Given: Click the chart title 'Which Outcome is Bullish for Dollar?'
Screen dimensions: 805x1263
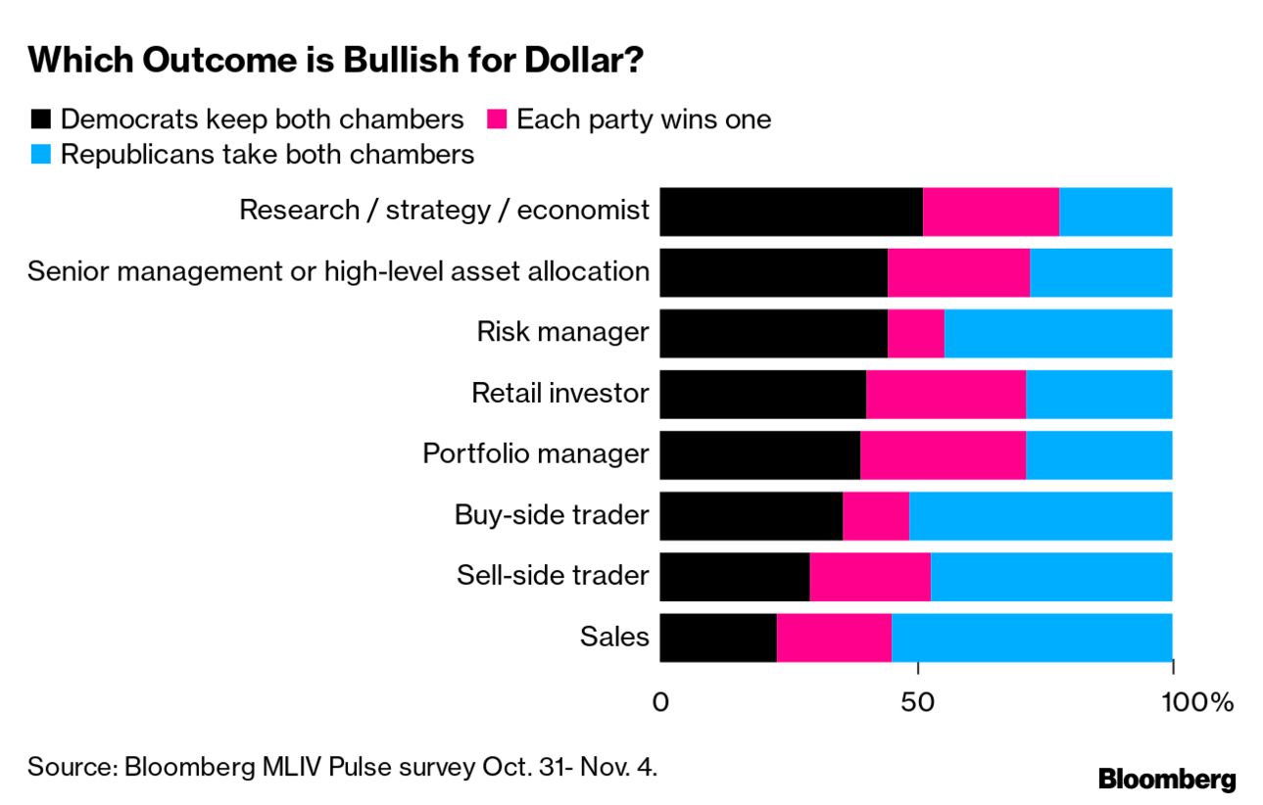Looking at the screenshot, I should (335, 61).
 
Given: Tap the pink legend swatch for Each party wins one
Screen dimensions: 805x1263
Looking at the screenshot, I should (497, 120).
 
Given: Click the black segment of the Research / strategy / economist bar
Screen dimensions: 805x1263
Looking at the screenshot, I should (791, 212).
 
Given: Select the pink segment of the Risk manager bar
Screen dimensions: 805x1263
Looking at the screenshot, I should (915, 333).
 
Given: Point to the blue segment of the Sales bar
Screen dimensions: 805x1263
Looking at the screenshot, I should (1032, 637).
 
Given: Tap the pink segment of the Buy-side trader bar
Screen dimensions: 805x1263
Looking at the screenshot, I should (875, 515).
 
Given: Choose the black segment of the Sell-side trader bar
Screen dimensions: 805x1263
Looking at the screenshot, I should (734, 576).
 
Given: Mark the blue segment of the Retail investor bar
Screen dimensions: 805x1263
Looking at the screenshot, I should (1098, 394).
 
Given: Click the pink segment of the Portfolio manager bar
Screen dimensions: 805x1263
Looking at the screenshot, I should (943, 454).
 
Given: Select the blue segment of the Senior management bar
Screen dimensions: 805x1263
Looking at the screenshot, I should (1100, 272).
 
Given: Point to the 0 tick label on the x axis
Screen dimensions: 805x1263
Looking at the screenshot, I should (660, 702).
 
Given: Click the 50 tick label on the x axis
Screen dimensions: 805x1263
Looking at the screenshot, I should (918, 702).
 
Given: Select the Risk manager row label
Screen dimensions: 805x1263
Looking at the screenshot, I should (562, 332).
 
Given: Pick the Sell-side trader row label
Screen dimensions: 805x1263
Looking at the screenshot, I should (553, 575).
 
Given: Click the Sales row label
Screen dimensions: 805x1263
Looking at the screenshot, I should (614, 637).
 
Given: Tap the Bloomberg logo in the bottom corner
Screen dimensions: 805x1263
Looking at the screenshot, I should (1167, 780).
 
